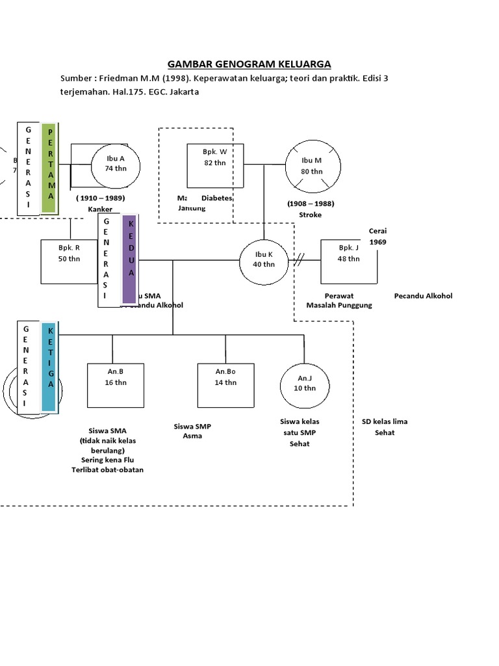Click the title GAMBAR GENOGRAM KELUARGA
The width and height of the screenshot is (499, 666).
(x=249, y=64)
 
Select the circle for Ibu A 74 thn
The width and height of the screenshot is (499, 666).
(x=115, y=163)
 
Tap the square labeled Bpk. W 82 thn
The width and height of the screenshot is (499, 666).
(x=215, y=165)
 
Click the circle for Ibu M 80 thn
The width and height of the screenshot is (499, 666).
(x=312, y=166)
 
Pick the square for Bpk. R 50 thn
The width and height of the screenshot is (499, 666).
(x=68, y=261)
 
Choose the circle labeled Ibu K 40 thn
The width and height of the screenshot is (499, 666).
(x=263, y=260)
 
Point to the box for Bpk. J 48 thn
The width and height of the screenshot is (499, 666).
(x=349, y=261)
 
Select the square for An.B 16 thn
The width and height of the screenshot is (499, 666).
(x=116, y=385)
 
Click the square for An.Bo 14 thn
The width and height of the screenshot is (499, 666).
(x=225, y=385)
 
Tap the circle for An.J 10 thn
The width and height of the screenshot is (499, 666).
(x=305, y=386)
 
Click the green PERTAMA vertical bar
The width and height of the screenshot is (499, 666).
(x=49, y=168)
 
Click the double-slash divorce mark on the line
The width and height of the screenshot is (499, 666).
(x=300, y=261)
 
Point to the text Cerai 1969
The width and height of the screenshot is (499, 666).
(x=377, y=237)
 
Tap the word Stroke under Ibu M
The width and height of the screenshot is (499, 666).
(x=310, y=215)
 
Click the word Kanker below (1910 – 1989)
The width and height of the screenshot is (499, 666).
(x=100, y=209)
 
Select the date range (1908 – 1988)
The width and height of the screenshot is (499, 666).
(x=311, y=204)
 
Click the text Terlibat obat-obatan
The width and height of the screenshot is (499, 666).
(x=107, y=470)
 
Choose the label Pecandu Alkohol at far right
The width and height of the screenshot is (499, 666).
(x=423, y=296)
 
